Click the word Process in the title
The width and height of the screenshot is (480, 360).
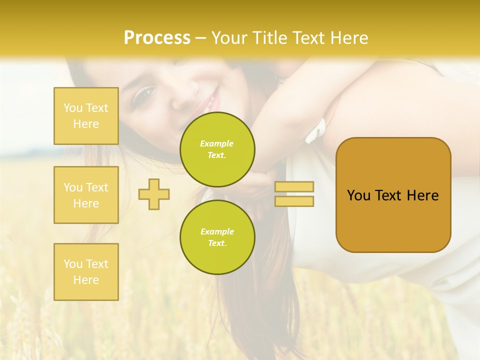157,38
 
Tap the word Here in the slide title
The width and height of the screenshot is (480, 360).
348,38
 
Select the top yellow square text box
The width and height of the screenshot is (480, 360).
86,116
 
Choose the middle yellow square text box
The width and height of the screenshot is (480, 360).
86,195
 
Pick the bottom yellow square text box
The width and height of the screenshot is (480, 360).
86,272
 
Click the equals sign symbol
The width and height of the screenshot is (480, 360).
294,194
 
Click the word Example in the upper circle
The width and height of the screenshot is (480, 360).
217,143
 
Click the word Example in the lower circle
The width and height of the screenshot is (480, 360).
217,231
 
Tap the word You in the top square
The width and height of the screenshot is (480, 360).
73,108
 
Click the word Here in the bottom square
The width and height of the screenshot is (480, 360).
86,280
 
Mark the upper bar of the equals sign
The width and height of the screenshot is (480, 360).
294,187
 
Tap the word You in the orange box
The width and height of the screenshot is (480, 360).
358,195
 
